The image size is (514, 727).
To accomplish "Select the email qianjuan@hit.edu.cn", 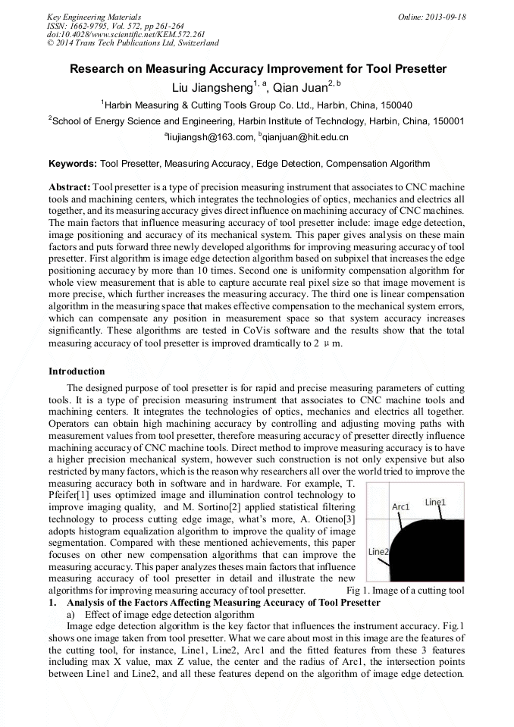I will (x=306, y=137).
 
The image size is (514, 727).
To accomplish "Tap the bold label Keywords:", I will (x=73, y=163).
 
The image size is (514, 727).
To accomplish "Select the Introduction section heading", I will (x=77, y=371).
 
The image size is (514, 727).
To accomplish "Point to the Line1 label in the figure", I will (x=435, y=502).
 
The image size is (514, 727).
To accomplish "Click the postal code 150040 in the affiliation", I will (x=394, y=105).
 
